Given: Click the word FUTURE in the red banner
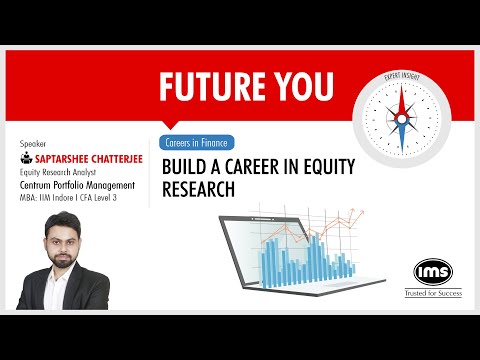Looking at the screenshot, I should click(206, 88).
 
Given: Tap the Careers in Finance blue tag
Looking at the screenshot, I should click(196, 142).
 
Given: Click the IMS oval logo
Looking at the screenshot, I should click(434, 271).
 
